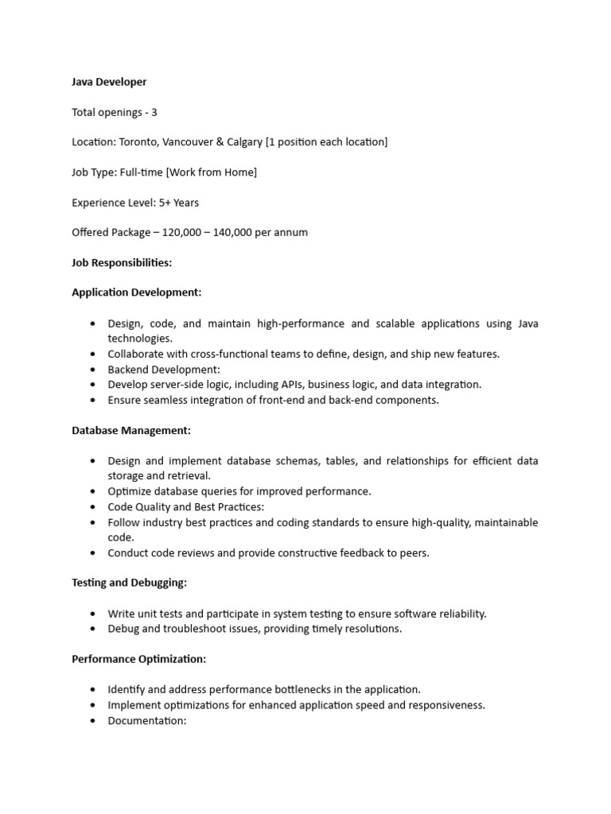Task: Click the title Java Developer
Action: click(x=109, y=82)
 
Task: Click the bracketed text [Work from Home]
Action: click(x=211, y=172)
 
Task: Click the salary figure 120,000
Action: click(x=185, y=232)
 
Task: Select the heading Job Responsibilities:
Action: click(x=122, y=262)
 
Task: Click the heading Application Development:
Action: click(x=137, y=293)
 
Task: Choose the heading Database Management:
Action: click(x=131, y=430)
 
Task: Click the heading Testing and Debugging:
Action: click(x=129, y=583)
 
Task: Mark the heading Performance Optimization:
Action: click(x=138, y=659)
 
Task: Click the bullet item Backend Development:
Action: click(x=164, y=369)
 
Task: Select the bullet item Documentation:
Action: click(x=146, y=720)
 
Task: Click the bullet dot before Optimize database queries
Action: click(x=92, y=491)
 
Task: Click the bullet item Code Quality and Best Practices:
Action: click(x=186, y=506)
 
